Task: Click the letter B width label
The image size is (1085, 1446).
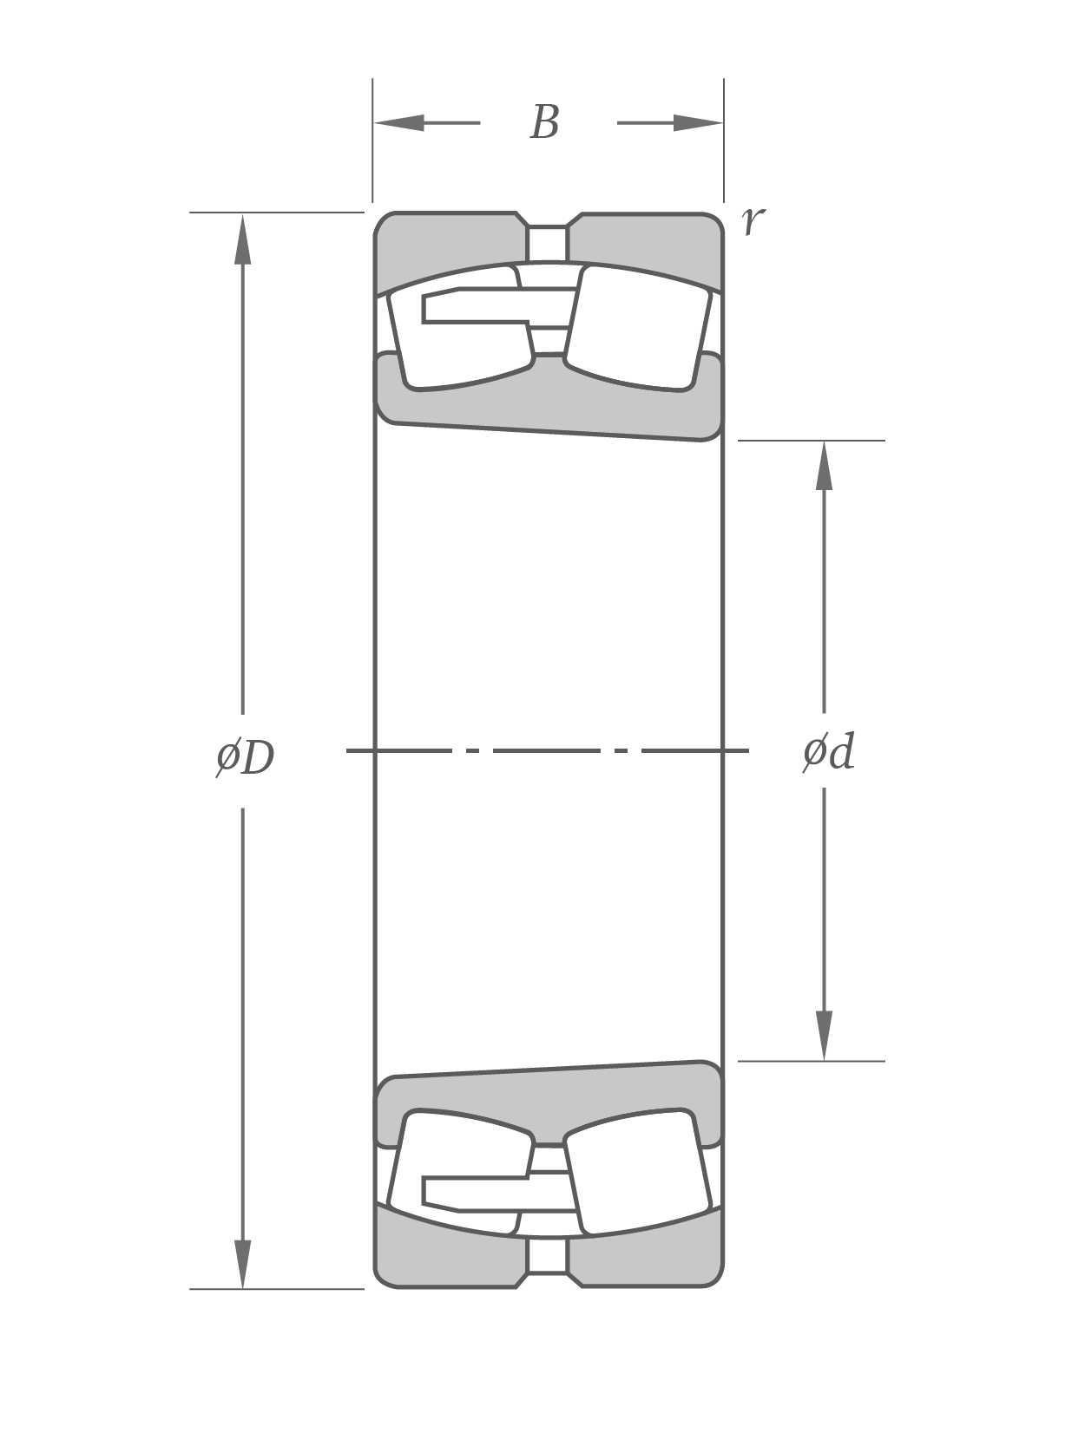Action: (x=544, y=122)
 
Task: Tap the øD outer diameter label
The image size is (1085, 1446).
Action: (x=245, y=757)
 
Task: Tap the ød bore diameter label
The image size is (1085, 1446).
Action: (x=828, y=751)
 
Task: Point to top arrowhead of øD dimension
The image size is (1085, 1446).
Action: (x=243, y=239)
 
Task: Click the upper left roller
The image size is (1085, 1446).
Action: (x=460, y=347)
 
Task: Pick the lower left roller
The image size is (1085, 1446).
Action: (x=460, y=1154)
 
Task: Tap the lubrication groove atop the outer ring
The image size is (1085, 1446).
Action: (x=548, y=243)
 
